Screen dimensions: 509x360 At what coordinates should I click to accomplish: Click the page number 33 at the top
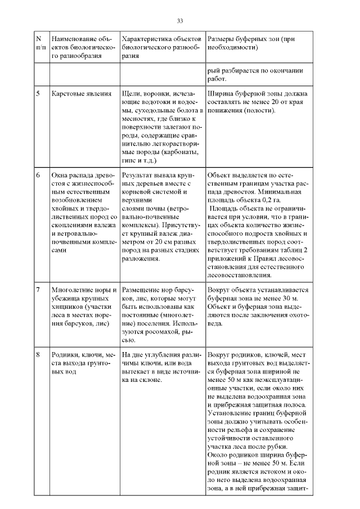pos(180,21)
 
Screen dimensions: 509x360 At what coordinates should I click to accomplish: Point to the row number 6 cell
pos(38,175)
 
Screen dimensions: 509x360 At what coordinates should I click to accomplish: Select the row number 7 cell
pos(38,290)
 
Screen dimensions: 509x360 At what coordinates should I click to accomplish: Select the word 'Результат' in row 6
pos(137,175)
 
